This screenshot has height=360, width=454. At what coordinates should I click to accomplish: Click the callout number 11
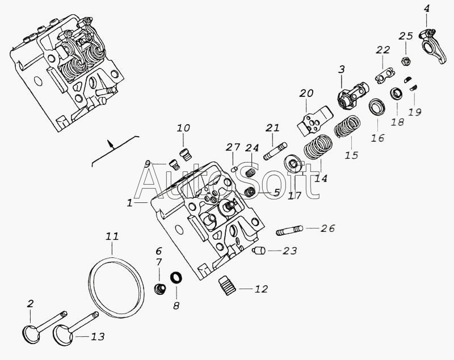click(112, 236)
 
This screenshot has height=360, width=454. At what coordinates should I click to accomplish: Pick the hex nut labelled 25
click(405, 61)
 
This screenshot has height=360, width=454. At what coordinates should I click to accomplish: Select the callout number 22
click(383, 50)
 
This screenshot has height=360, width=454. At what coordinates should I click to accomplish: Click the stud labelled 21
click(275, 151)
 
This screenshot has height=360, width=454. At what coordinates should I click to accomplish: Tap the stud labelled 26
click(289, 231)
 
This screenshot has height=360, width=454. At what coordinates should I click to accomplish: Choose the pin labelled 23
click(259, 250)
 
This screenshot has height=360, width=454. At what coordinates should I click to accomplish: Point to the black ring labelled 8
click(176, 278)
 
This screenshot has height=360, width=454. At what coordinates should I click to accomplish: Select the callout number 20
click(306, 94)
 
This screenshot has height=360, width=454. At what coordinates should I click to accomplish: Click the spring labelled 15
click(347, 126)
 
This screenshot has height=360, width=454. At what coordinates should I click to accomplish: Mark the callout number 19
click(415, 112)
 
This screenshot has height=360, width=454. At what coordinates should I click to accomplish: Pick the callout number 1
click(129, 203)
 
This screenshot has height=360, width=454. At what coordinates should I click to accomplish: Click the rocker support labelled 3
click(352, 95)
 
